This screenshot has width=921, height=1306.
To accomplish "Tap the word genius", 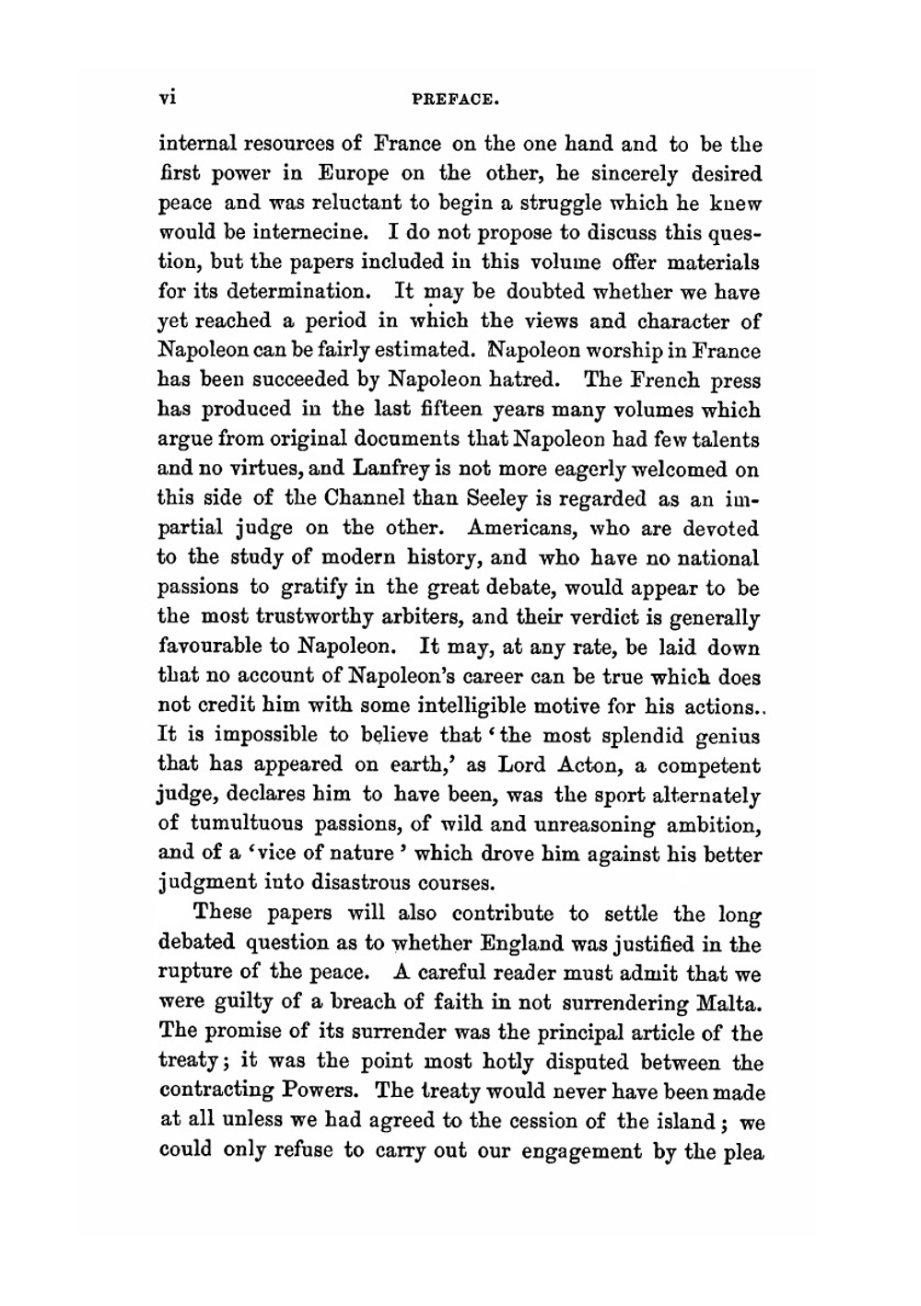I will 728,736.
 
